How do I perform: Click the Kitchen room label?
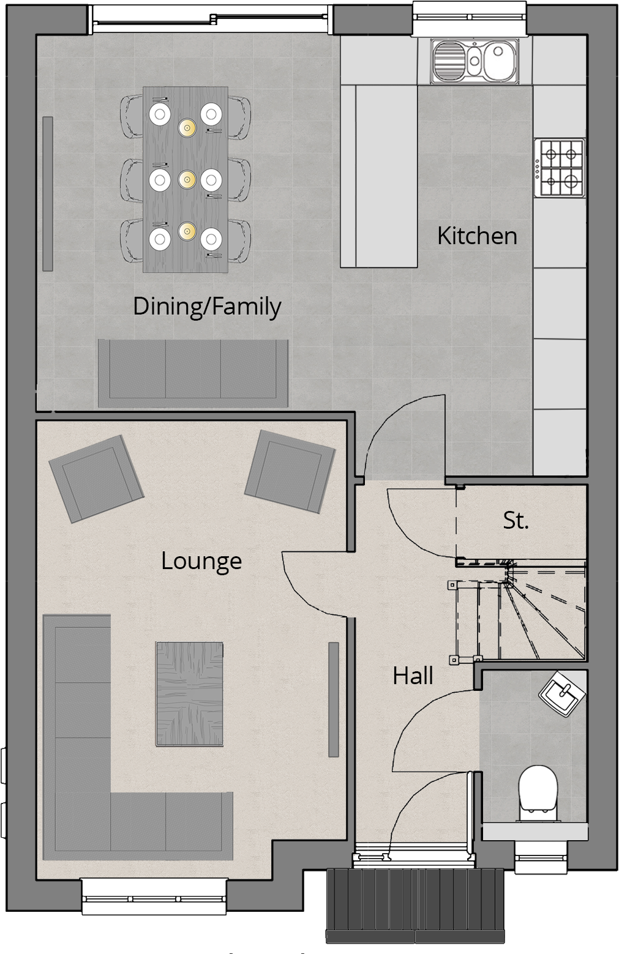tap(477, 236)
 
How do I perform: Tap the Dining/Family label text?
tap(207, 306)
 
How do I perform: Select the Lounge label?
tap(201, 561)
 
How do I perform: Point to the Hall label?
tap(413, 676)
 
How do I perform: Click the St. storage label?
tap(516, 520)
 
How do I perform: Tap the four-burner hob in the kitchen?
tap(559, 168)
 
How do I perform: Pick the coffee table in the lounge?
tap(189, 693)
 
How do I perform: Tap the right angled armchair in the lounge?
tap(290, 471)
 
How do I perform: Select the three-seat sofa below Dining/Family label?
tap(193, 373)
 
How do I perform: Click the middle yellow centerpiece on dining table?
tap(187, 179)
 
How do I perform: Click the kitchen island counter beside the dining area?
tap(379, 177)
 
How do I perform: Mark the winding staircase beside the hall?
tap(520, 612)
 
